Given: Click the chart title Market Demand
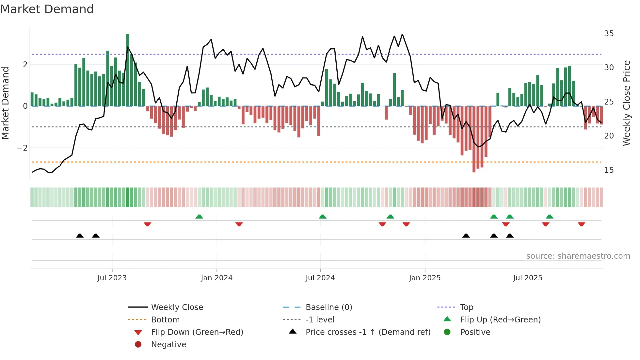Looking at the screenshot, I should point(47,9).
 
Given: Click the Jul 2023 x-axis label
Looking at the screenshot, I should point(112,278).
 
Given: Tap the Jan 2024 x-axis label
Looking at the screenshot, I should point(216,278).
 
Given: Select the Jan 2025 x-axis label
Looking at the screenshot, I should point(424,278).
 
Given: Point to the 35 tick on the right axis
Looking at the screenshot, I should point(609,34).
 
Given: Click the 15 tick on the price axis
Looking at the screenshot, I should point(609,170).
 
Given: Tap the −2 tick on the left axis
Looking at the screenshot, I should point(22,148).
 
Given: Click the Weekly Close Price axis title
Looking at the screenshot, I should point(626,103).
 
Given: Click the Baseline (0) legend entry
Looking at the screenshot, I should point(328,307).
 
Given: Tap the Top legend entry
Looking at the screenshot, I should point(466,307).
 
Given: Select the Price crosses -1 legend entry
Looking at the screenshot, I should point(368,332).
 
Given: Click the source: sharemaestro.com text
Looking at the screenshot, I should point(578,256).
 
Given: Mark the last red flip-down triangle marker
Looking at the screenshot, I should point(581,224).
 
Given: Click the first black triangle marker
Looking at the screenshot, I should point(80,236).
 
